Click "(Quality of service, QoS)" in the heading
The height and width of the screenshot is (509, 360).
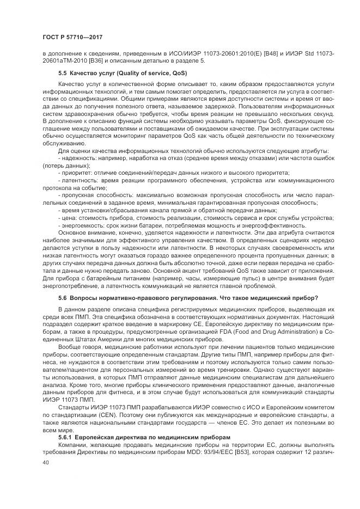pyautogui.click(x=135, y=72)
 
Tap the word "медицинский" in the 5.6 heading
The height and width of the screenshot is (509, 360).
pyautogui.click(x=278, y=298)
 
